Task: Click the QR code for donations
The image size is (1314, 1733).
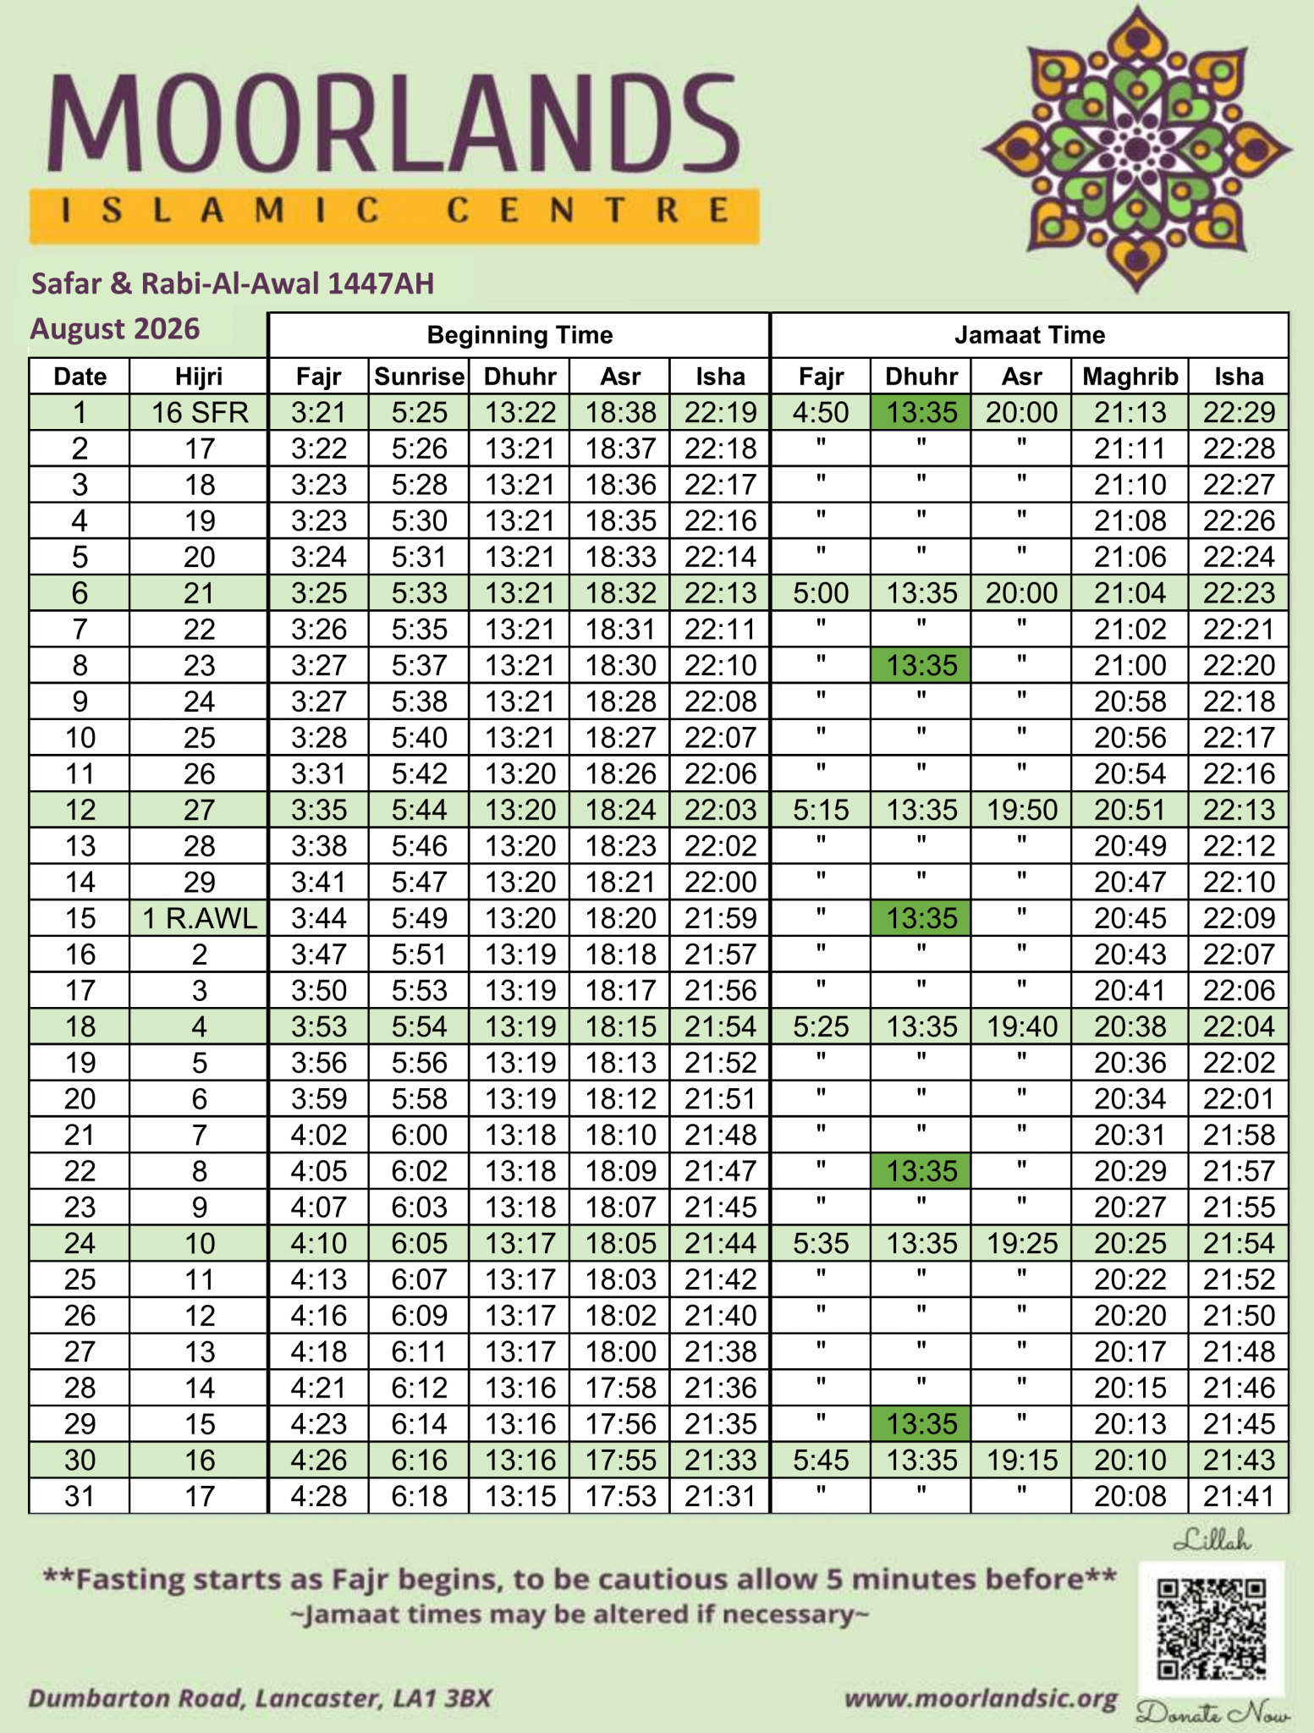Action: tap(1211, 1629)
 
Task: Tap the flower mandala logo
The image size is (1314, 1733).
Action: tap(1136, 150)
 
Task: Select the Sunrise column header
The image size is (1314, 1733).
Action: tap(419, 377)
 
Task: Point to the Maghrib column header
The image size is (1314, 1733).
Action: tap(1130, 377)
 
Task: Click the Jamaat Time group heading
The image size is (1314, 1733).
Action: tap(1029, 335)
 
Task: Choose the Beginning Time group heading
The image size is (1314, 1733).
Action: tap(519, 335)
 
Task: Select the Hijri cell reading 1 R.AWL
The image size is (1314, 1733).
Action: tap(199, 919)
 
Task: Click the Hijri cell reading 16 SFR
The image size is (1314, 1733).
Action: tap(199, 413)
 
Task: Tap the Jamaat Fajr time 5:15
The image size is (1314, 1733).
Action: tap(820, 811)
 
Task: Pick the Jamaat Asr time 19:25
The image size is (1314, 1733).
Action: tap(1021, 1244)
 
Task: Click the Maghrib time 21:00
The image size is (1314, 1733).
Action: tap(1130, 666)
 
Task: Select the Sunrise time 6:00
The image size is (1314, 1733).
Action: tap(419, 1136)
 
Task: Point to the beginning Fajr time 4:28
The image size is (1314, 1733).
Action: tap(319, 1497)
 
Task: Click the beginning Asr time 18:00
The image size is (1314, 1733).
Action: tap(620, 1352)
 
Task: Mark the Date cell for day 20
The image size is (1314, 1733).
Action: tap(80, 1099)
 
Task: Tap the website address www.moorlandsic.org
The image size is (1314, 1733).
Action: tap(981, 1698)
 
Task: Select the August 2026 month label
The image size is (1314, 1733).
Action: tap(115, 328)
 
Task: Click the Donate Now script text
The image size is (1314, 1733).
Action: tap(1212, 1714)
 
